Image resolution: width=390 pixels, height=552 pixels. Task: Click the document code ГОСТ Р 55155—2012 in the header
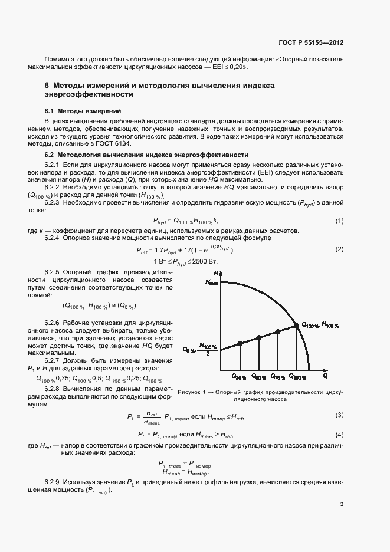(x=312, y=44)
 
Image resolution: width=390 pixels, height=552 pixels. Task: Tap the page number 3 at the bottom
(x=342, y=504)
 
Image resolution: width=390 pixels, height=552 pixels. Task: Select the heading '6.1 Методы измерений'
(x=83, y=111)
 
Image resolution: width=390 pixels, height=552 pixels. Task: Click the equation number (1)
(x=339, y=221)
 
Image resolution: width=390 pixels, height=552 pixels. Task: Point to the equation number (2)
(x=339, y=249)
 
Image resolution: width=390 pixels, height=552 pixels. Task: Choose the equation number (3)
(x=339, y=416)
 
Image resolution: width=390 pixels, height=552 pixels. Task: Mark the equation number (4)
(x=339, y=435)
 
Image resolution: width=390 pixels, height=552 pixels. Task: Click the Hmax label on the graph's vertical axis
(x=212, y=282)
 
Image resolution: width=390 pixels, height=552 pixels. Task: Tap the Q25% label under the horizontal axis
(x=239, y=375)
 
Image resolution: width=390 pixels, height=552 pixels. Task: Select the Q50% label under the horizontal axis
(x=259, y=375)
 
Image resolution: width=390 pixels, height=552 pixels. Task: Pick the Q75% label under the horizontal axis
(x=278, y=375)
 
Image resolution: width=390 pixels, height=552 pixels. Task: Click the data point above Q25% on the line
(x=239, y=344)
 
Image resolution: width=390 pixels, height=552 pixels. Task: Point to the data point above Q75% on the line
(x=278, y=332)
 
